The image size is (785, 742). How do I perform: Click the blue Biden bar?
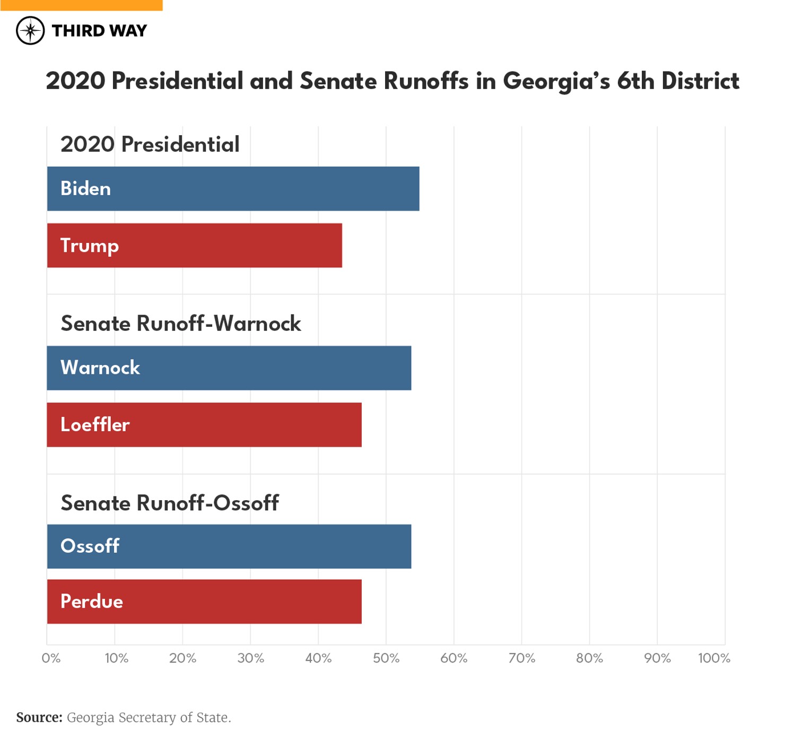pos(233,189)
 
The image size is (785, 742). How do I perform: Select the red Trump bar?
pos(194,246)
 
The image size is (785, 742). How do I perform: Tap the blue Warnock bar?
pos(229,368)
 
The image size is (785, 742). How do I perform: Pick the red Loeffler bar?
pos(204,425)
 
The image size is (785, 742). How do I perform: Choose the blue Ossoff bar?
pos(229,546)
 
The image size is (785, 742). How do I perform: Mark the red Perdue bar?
pos(204,601)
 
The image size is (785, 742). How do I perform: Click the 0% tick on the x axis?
pos(51,658)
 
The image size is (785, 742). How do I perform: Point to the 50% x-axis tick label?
pos(386,658)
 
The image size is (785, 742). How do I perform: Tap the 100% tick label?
pos(713,658)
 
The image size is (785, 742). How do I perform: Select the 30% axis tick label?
pos(250,658)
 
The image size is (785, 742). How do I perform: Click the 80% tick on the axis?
pos(589,658)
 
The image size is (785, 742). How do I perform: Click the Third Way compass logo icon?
pos(30,31)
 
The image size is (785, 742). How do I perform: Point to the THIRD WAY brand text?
pos(99,31)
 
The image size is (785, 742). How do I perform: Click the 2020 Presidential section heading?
pos(150,144)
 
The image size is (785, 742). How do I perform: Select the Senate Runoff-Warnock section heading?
pos(180,324)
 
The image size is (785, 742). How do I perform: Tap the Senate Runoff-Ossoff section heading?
pos(169,503)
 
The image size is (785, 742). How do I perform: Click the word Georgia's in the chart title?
pos(556,82)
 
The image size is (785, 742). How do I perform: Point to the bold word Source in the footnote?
pos(39,718)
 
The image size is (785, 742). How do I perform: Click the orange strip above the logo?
pos(81,5)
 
